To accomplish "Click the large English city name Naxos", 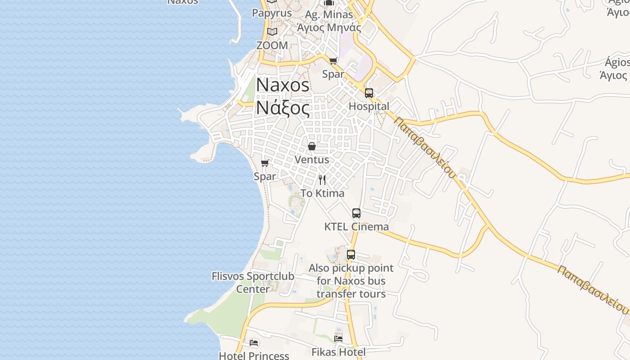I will (283, 85).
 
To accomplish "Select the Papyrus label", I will (272, 13).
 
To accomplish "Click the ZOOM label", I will (272, 45).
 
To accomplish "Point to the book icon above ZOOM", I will (272, 31).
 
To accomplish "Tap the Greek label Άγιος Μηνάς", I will (329, 27).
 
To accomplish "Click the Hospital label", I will (369, 107).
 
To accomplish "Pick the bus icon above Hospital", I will (369, 93).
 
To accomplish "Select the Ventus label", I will (312, 160).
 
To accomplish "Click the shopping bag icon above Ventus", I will (312, 146).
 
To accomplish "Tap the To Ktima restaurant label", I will (322, 193).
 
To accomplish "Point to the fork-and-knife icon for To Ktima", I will (322, 180).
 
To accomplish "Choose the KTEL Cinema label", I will (356, 227).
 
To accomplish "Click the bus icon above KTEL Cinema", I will (356, 213).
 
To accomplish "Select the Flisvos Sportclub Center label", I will (253, 283).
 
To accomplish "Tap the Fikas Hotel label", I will (338, 352).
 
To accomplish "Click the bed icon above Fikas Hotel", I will (338, 338).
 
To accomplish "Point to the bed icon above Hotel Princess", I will (254, 343).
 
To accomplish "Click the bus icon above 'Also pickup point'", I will (351, 255).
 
